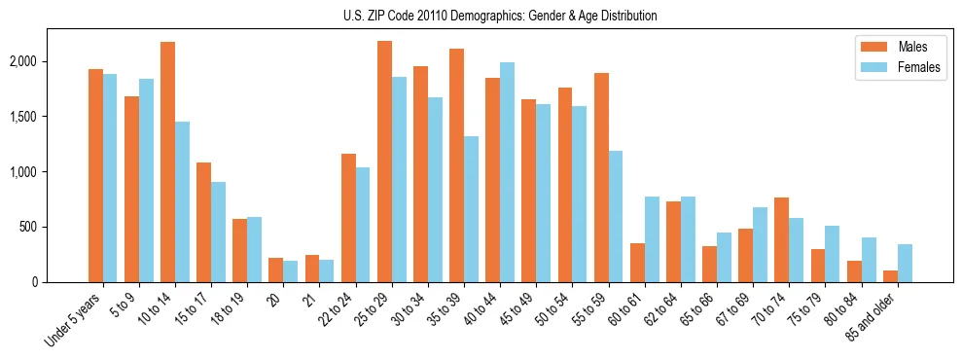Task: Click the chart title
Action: click(x=500, y=16)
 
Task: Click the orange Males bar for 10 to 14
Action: click(x=167, y=162)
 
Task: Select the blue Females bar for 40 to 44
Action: click(x=507, y=172)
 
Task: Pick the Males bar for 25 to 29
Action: click(x=384, y=162)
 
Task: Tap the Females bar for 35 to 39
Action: click(x=471, y=209)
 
